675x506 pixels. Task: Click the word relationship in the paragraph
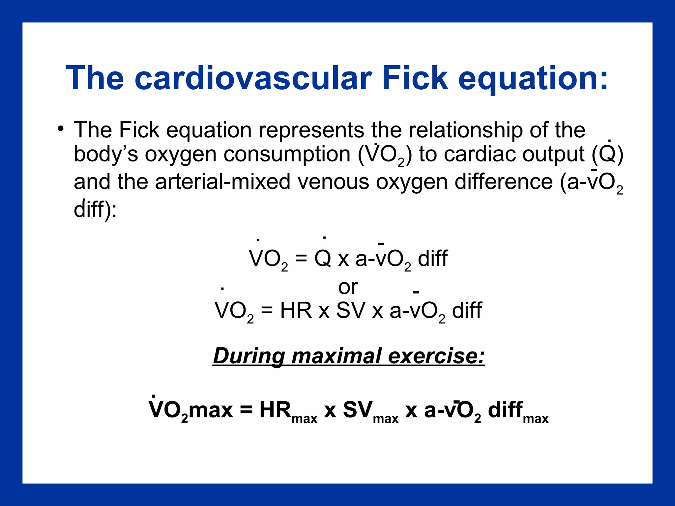point(465,130)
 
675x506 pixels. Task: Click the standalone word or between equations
point(348,287)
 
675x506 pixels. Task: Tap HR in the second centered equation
point(296,310)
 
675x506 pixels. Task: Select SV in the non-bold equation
point(351,310)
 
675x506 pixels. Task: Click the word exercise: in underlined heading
point(436,356)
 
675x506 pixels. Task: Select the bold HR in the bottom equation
point(275,410)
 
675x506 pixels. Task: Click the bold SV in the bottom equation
point(358,410)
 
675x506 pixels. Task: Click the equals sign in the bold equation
point(246,410)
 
